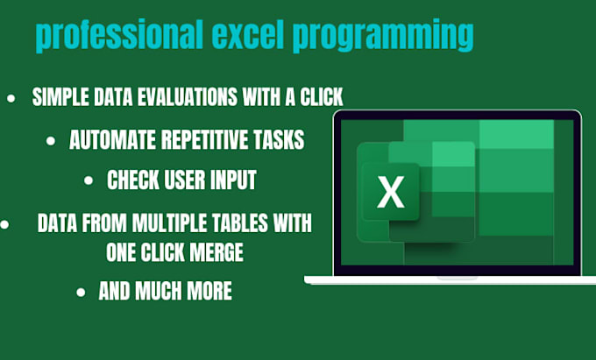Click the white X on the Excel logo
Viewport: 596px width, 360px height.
(x=389, y=194)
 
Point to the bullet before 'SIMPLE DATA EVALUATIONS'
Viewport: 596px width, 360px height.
(x=11, y=98)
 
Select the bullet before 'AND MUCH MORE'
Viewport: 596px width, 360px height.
(x=82, y=292)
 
